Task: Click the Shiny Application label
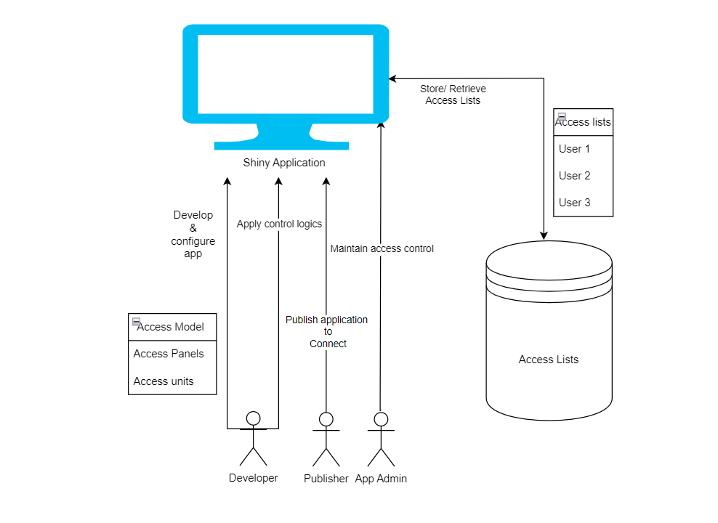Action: [283, 163]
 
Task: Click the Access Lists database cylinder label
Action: [549, 360]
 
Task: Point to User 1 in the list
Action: [574, 149]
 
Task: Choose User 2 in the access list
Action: [574, 176]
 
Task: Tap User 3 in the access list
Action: [574, 203]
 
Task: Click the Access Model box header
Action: [171, 327]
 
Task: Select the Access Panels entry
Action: [169, 354]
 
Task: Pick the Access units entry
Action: [164, 381]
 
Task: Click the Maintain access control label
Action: [382, 248]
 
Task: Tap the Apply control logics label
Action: [279, 224]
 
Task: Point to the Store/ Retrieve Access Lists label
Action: [453, 94]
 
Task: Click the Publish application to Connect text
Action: [326, 331]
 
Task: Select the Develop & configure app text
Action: [193, 235]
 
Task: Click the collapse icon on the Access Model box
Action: [136, 321]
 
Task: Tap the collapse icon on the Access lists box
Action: [561, 116]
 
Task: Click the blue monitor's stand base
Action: [281, 145]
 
